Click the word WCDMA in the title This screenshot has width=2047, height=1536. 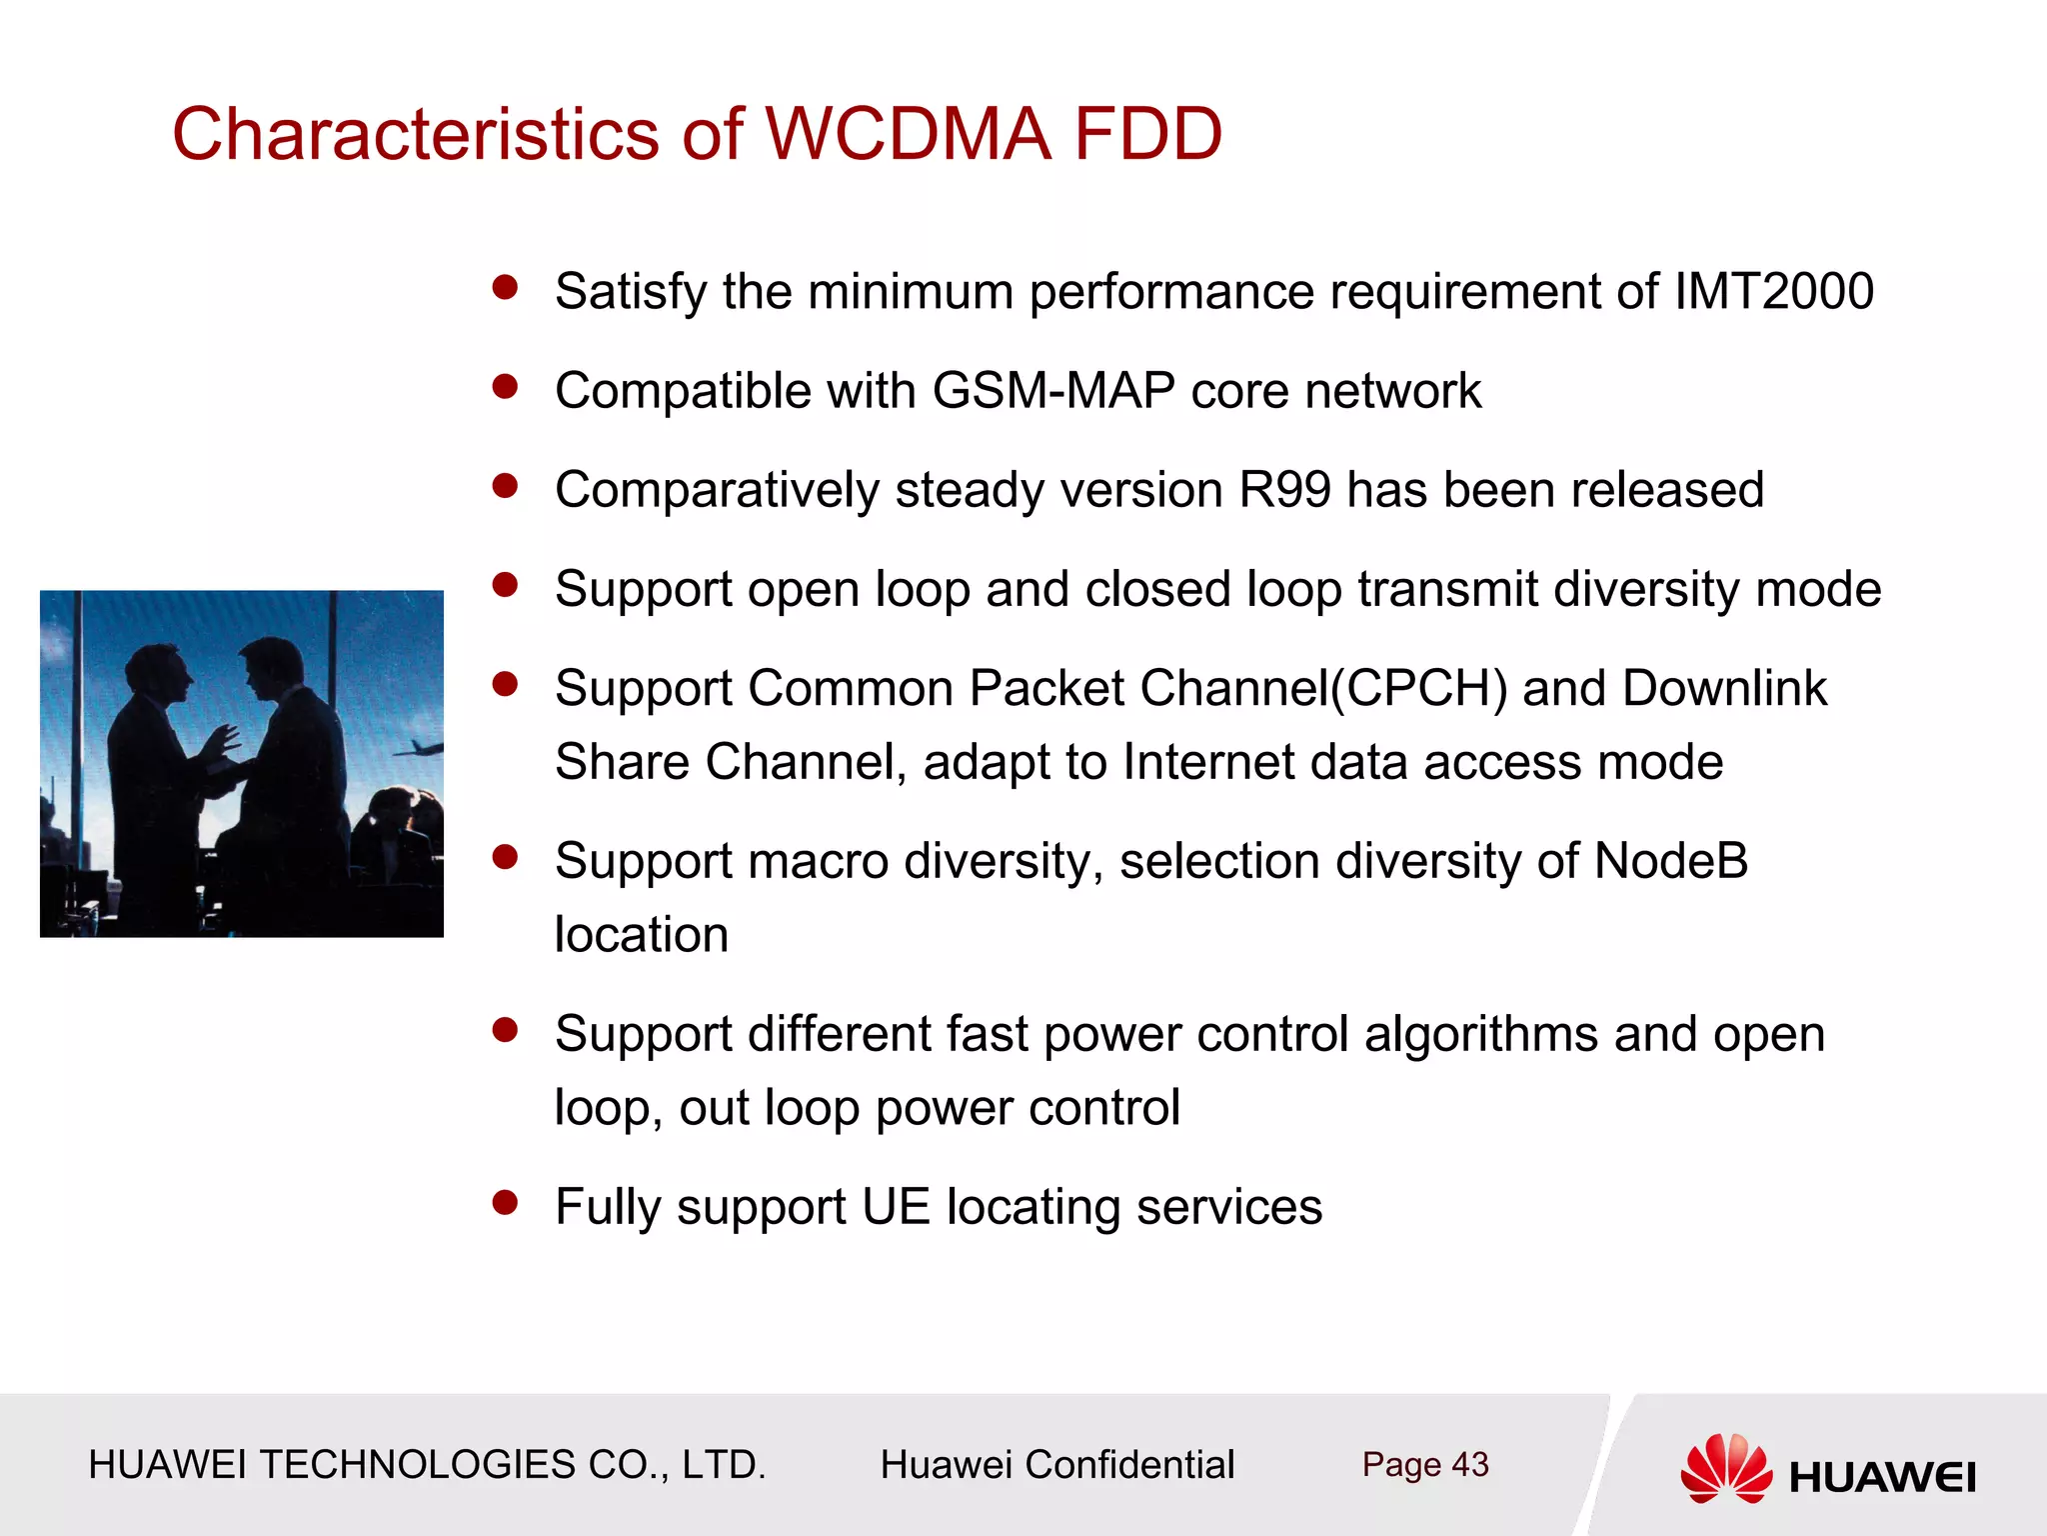tap(908, 134)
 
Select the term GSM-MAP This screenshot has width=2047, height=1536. tap(1052, 390)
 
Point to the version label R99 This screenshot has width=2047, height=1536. tap(1284, 490)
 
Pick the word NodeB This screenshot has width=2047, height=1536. tap(1670, 861)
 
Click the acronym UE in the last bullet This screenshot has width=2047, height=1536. tap(896, 1206)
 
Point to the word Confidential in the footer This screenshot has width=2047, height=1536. tap(1129, 1465)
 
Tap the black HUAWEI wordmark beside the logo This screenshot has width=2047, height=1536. tap(1882, 1478)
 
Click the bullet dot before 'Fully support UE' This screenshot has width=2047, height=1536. tap(506, 1201)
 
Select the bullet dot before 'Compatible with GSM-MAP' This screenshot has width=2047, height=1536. tap(506, 386)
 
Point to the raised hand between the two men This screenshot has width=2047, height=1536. tap(222, 743)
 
